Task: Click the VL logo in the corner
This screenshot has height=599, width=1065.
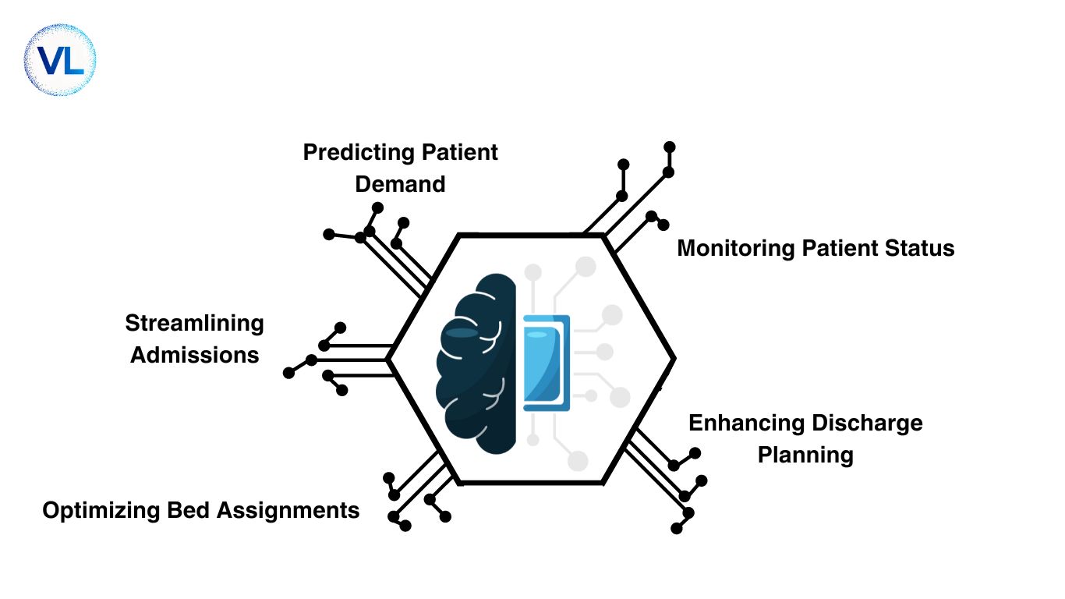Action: click(x=60, y=60)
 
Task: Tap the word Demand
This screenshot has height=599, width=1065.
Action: click(x=400, y=184)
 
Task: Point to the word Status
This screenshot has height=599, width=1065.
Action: click(x=921, y=248)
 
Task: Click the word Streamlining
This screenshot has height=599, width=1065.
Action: click(x=194, y=323)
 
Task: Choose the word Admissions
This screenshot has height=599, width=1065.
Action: click(x=194, y=355)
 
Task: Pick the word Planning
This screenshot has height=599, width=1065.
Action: click(x=805, y=455)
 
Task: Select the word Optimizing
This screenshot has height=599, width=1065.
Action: click(x=100, y=511)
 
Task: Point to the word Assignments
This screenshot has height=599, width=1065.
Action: click(x=288, y=511)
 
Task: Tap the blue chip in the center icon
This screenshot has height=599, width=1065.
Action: click(x=547, y=363)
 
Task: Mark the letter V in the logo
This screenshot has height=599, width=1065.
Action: click(x=49, y=61)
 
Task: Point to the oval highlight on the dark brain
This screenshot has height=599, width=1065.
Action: click(x=462, y=333)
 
